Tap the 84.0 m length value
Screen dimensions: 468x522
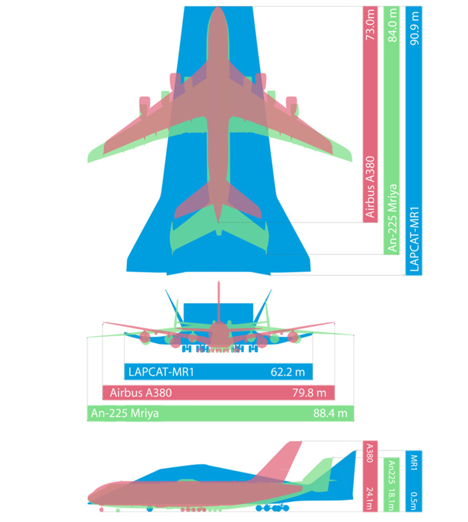[393, 25]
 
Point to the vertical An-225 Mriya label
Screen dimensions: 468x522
[393, 218]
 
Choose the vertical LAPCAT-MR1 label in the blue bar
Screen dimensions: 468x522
[414, 239]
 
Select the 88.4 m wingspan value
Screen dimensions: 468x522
[330, 413]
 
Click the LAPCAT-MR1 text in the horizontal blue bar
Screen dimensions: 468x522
[161, 372]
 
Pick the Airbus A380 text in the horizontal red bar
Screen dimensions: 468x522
[141, 393]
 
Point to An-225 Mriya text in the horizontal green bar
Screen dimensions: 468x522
[125, 414]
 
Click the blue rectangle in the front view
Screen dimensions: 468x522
[218, 315]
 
